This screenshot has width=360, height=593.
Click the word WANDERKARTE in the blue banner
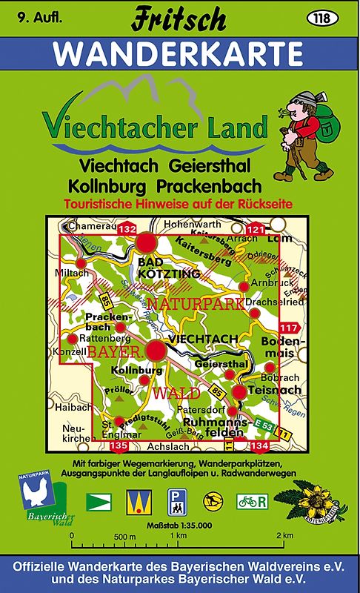point(179,53)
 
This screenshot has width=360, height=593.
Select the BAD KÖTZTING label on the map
point(159,268)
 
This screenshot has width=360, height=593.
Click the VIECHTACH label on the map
point(203,339)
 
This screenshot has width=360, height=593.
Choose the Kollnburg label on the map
point(136,370)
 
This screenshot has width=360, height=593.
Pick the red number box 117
point(288,328)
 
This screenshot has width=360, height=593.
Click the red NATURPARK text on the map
point(186,303)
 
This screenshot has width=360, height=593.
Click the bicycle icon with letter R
point(251,500)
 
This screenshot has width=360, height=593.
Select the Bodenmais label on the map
point(278,347)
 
